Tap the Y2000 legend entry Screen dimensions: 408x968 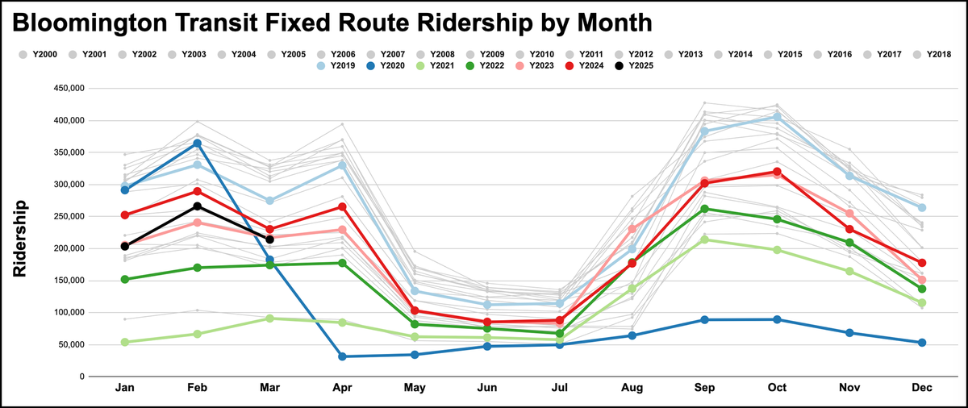pyautogui.click(x=41, y=55)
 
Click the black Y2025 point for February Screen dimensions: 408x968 pyautogui.click(x=197, y=206)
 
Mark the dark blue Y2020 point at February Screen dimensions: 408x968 pyautogui.click(x=197, y=143)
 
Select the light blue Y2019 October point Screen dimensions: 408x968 pyautogui.click(x=777, y=117)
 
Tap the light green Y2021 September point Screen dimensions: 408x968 pyautogui.click(x=704, y=239)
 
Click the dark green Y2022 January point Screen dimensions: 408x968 pyautogui.click(x=125, y=279)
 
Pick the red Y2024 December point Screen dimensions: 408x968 pyautogui.click(x=922, y=263)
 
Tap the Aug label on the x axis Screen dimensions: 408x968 pyautogui.click(x=632, y=389)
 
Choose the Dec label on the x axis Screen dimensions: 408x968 pyautogui.click(x=922, y=389)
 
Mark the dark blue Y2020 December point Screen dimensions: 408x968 pyautogui.click(x=922, y=343)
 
